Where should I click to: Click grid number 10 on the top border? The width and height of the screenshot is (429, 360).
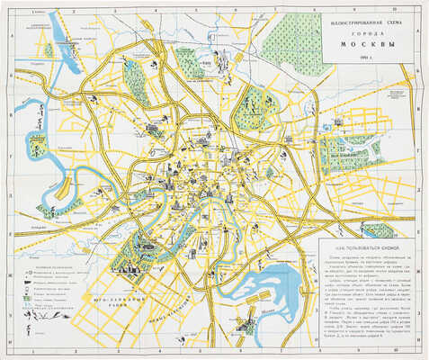pos(394,6)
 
